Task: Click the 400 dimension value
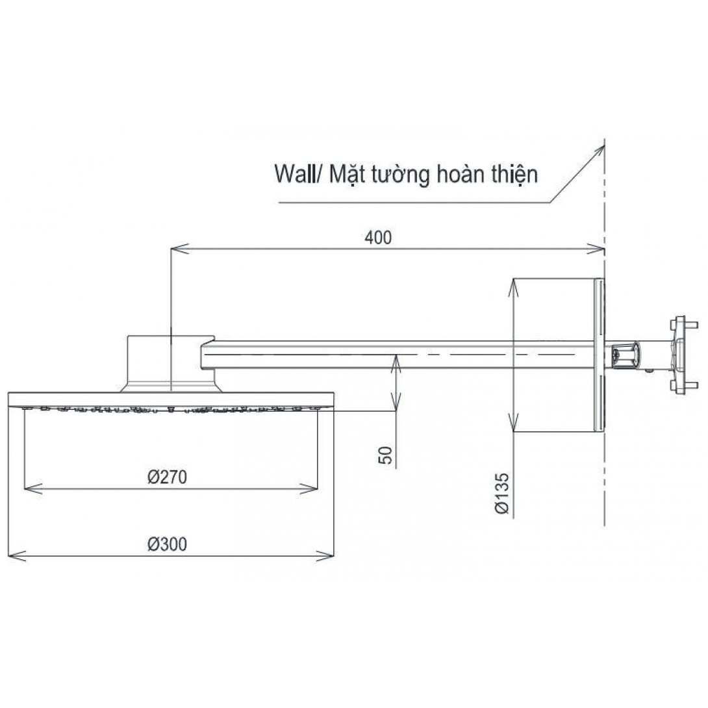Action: click(378, 238)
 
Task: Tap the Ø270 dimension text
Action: click(167, 477)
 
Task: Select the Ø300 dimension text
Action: click(167, 544)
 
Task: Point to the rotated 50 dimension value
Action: click(385, 455)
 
